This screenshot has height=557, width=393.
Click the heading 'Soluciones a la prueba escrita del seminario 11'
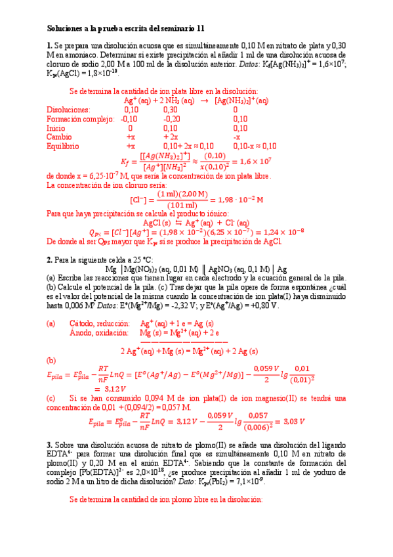coord(125,29)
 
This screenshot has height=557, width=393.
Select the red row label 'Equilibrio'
coord(63,146)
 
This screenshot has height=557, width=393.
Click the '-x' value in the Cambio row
coord(237,137)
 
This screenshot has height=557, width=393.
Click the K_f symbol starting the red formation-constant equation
coord(126,162)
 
